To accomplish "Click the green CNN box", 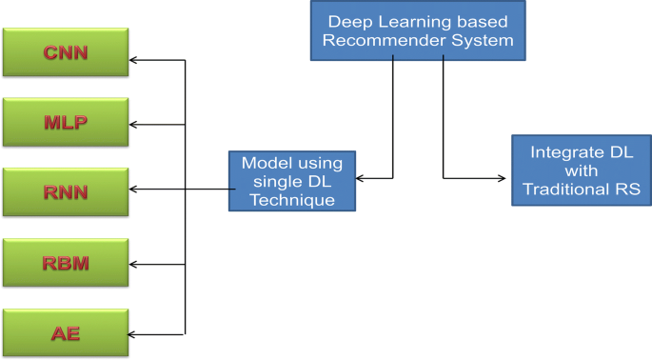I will point(65,52).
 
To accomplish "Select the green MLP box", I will point(65,123).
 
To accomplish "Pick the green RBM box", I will point(65,263).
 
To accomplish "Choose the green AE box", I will point(65,332).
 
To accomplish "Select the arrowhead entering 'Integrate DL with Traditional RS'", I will point(504,178).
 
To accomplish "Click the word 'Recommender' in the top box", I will point(390,40).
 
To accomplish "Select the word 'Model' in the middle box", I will point(264,163).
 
